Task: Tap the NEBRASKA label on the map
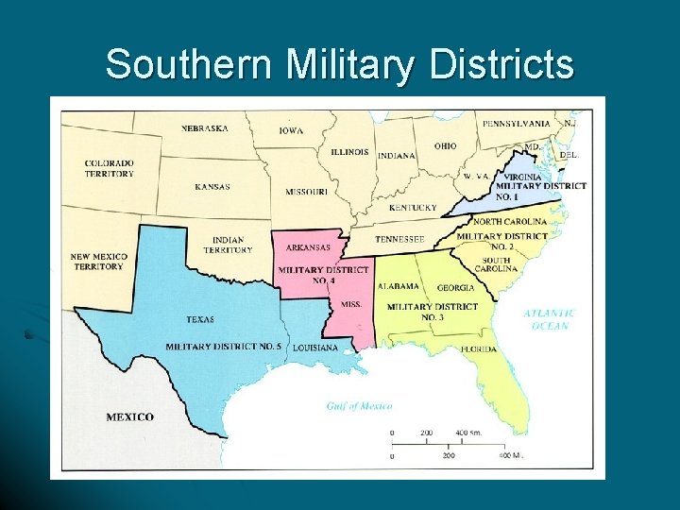click(204, 128)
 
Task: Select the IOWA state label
click(291, 131)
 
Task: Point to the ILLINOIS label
click(349, 152)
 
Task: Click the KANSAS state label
click(212, 187)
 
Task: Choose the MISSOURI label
click(307, 193)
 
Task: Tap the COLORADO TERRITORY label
click(109, 168)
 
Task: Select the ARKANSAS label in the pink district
click(308, 247)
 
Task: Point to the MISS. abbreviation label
click(351, 305)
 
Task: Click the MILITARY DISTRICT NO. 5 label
click(223, 347)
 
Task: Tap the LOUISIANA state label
click(314, 348)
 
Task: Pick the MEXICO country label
click(129, 416)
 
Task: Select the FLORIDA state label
click(478, 349)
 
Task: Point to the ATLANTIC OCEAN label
click(549, 319)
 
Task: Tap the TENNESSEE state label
click(399, 239)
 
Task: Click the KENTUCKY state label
click(413, 208)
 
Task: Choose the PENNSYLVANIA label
click(517, 124)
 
